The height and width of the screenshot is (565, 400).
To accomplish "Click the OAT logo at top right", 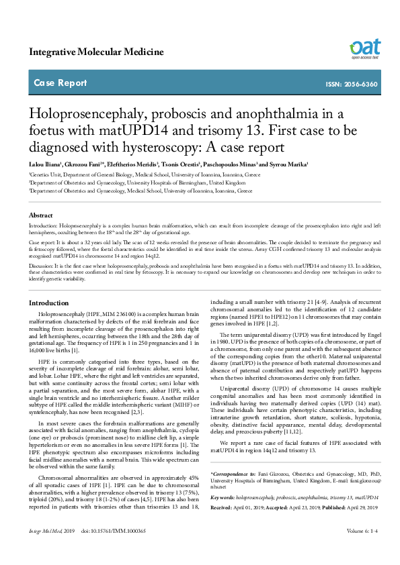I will coord(364,48).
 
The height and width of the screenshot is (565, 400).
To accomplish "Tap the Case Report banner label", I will coord(60,83).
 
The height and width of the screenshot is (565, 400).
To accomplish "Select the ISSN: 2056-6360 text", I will coord(352,85).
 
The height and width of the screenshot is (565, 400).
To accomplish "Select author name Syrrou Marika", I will coord(288,164).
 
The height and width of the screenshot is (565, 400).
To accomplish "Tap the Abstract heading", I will coord(40,215).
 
